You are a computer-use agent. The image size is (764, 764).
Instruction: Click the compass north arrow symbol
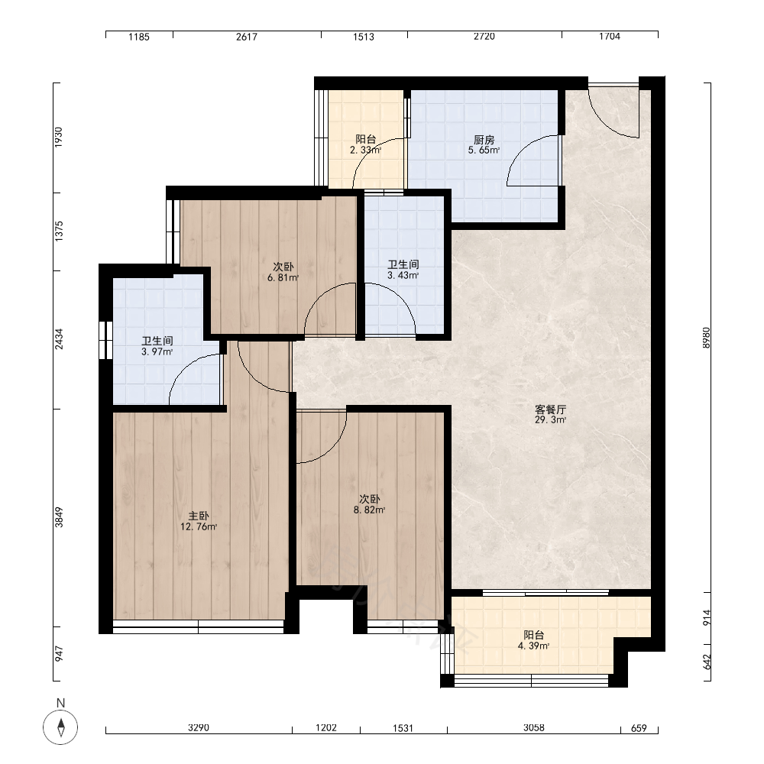coord(60,727)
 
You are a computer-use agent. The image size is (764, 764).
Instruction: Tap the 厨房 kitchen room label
coord(484,140)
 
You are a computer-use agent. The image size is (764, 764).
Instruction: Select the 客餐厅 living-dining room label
coord(550,410)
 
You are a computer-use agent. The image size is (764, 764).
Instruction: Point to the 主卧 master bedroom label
coord(199,516)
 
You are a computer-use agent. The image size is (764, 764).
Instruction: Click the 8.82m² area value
coord(369,510)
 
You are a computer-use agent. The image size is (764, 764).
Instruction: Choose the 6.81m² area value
coord(283,278)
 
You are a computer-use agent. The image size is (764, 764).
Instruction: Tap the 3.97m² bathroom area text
coord(157,351)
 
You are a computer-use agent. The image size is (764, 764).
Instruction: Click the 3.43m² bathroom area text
coord(403,275)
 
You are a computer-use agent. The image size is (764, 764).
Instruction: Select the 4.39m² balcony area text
coord(533,646)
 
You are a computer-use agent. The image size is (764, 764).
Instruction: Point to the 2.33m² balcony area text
coord(365,150)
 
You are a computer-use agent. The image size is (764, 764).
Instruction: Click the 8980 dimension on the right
coord(707,338)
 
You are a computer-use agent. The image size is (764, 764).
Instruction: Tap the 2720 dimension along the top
coord(484,37)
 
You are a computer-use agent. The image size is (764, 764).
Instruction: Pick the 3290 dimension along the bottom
coord(199,728)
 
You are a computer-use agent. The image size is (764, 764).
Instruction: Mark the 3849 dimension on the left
coord(59,517)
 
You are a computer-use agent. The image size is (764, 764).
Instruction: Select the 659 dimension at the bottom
coord(639,728)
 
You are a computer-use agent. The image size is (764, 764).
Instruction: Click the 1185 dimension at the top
coord(139,37)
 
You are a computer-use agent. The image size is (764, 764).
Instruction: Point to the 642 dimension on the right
coord(707,661)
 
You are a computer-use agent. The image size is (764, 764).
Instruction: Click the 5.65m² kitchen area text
coord(484,151)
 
